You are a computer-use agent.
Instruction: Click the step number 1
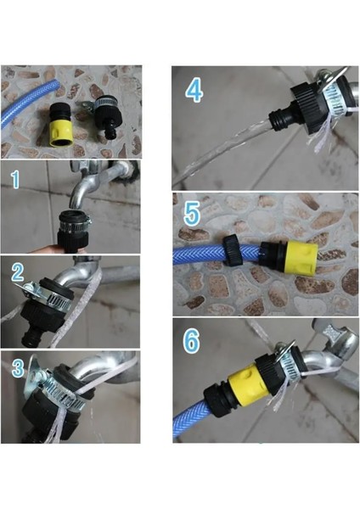click(15, 180)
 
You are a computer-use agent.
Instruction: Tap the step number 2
click(18, 272)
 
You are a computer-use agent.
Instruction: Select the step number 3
click(18, 368)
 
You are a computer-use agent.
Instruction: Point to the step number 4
click(194, 91)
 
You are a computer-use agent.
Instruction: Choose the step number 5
click(192, 214)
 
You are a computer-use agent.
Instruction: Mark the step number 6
click(191, 342)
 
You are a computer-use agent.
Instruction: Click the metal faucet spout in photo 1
click(98, 182)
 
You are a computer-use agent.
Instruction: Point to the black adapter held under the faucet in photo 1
click(73, 231)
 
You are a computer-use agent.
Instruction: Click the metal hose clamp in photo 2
click(48, 293)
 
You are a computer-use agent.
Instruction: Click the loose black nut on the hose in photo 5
click(233, 251)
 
